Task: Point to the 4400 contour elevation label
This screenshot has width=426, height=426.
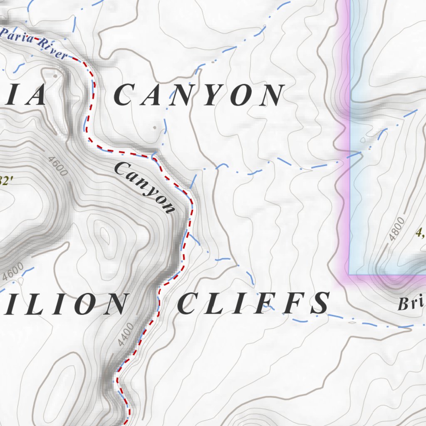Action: tap(125, 335)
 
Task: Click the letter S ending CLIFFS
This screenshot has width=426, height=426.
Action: tap(320, 303)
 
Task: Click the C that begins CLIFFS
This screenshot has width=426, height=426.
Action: tap(189, 303)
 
